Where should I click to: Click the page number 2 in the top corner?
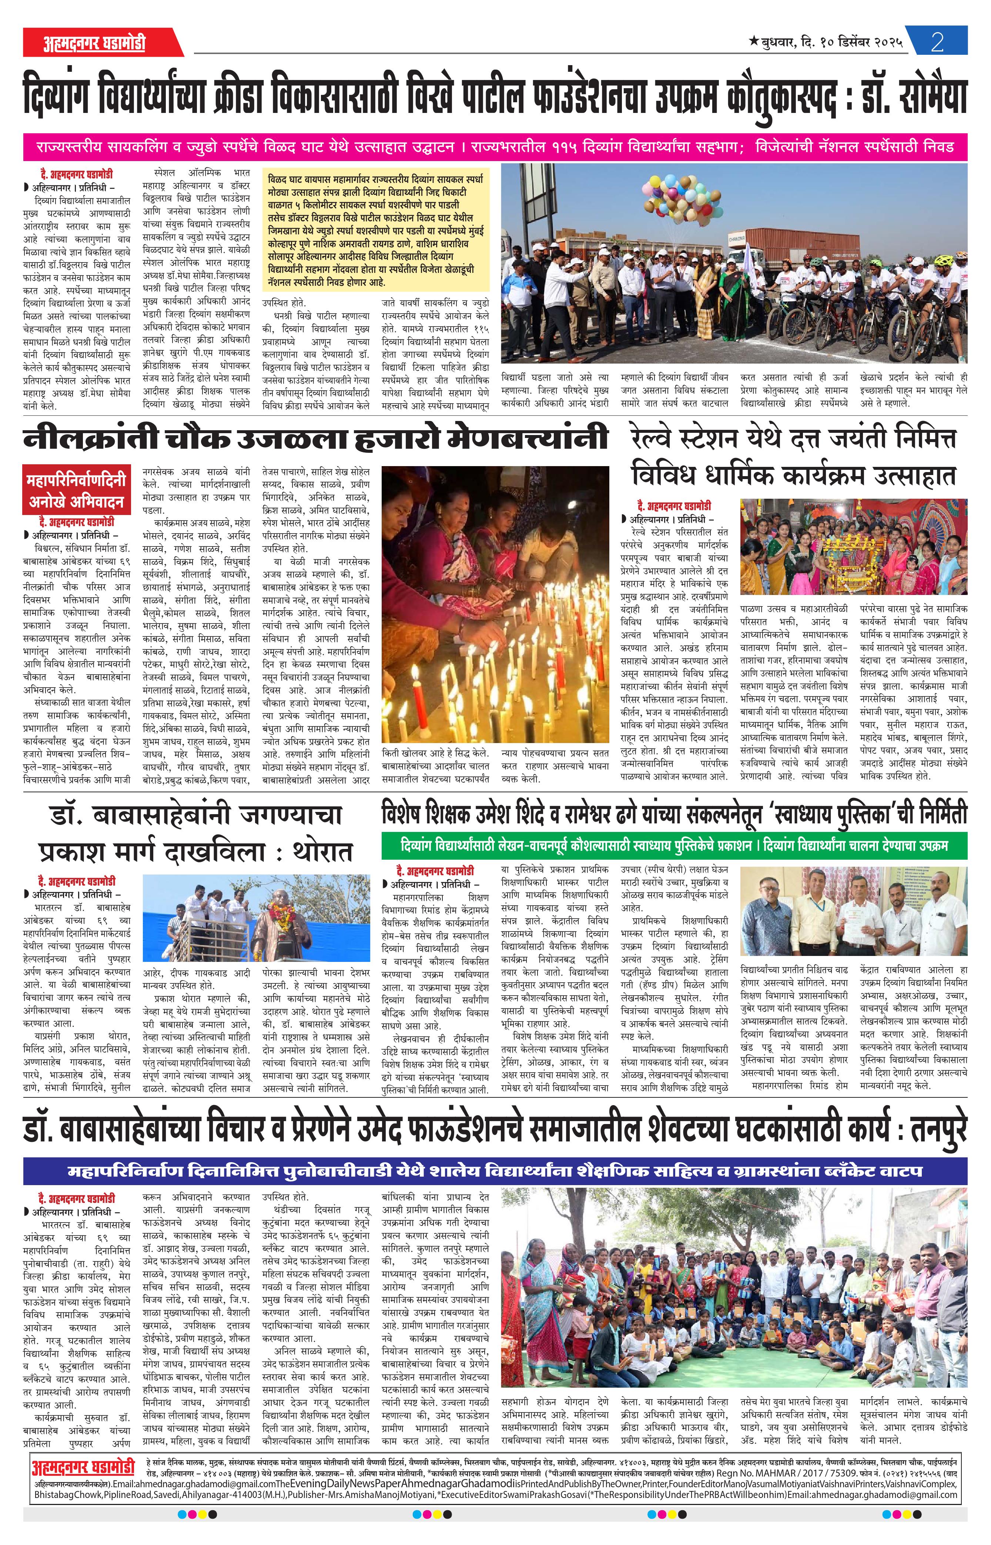[937, 43]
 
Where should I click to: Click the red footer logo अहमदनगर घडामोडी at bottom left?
[83, 1372]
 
